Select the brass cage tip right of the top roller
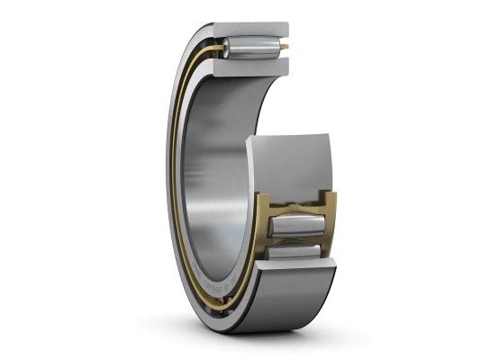(285, 46)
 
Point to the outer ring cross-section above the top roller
(257, 29)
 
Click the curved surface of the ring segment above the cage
(288, 162)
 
